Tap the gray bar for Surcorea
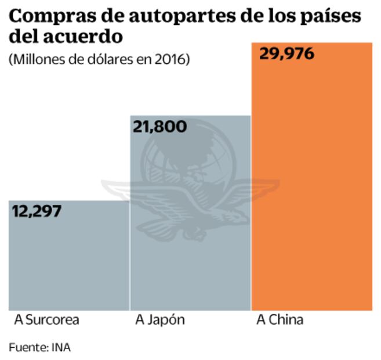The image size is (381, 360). (x=69, y=261)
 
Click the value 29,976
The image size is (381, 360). (x=286, y=54)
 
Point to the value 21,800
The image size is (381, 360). (x=159, y=126)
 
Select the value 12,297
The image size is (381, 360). (x=36, y=211)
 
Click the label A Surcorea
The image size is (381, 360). (x=46, y=320)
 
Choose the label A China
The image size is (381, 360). (x=280, y=320)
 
